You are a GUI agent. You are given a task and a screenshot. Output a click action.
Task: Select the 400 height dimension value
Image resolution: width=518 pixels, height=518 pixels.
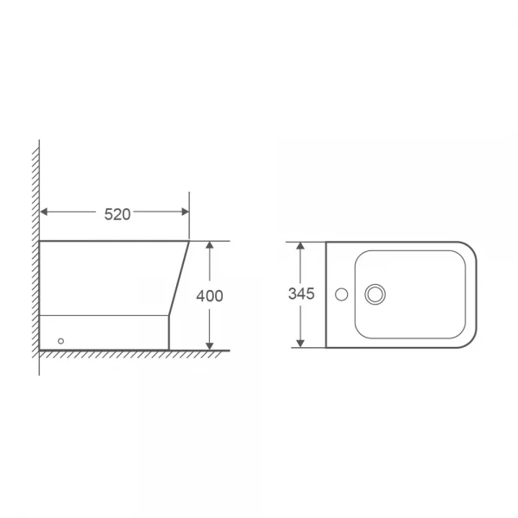[x=210, y=295]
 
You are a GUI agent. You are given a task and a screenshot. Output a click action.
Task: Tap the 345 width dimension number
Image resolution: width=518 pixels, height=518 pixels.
[x=301, y=294]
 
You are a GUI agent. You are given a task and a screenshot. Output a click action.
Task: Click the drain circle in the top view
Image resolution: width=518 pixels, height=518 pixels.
[x=376, y=294]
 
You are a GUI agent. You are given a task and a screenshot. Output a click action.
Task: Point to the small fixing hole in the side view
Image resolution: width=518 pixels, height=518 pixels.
[x=60, y=340]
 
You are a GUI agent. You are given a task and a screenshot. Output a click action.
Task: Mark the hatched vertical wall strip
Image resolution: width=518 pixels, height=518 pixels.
[x=35, y=259]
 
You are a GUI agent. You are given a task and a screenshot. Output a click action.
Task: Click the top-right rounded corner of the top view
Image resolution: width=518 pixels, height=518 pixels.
[x=471, y=247]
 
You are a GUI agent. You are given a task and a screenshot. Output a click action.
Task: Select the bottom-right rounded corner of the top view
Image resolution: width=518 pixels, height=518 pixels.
[x=471, y=343]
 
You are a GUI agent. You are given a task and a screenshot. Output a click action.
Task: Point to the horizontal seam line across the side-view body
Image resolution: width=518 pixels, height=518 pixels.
[x=104, y=315]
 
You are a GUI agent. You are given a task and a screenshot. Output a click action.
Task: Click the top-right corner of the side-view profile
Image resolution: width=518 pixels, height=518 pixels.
[x=189, y=241]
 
